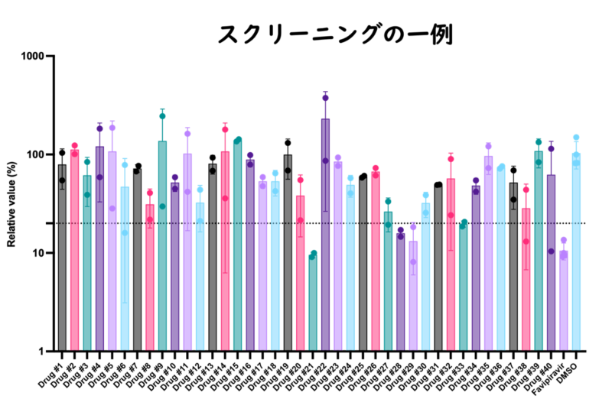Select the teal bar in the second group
[162, 245]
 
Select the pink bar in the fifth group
[375, 260]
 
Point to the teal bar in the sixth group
[463, 287]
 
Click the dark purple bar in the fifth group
[400, 291]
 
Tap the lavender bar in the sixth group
[488, 252]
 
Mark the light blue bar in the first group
[125, 268]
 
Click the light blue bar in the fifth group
[425, 275]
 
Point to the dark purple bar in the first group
[99, 248]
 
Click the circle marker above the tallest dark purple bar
[325, 97]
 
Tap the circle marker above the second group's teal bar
[162, 116]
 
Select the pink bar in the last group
[526, 278]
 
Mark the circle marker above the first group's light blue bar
[125, 164]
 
